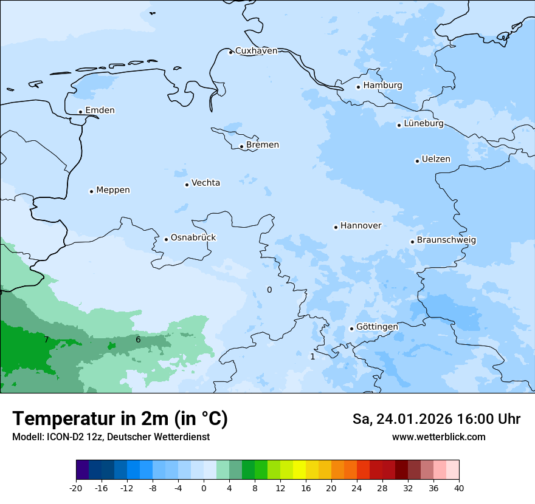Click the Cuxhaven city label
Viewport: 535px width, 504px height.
tap(256, 51)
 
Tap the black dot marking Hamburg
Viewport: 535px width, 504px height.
tap(359, 87)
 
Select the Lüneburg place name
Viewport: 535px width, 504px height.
tap(423, 123)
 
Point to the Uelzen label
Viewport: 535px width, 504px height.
tap(436, 159)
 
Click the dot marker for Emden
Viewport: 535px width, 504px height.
tap(80, 112)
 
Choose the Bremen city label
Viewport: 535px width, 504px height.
tap(262, 145)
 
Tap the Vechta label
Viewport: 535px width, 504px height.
tap(205, 183)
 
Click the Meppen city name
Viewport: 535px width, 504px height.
tap(112, 190)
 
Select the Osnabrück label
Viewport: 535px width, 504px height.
tap(193, 237)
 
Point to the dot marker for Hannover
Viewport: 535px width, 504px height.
tap(336, 227)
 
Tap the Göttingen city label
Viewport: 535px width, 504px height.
tap(377, 327)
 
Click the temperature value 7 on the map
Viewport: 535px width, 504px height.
tap(46, 339)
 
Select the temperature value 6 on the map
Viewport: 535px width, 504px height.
tap(138, 339)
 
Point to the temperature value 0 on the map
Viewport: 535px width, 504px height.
tap(269, 290)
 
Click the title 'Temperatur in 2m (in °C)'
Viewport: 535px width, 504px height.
tap(120, 419)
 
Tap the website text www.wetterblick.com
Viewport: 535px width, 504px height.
tap(438, 437)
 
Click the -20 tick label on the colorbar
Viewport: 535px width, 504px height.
tap(76, 488)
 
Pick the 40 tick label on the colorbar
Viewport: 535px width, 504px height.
tap(458, 488)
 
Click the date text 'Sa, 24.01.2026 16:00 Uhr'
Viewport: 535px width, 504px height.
tap(436, 419)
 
